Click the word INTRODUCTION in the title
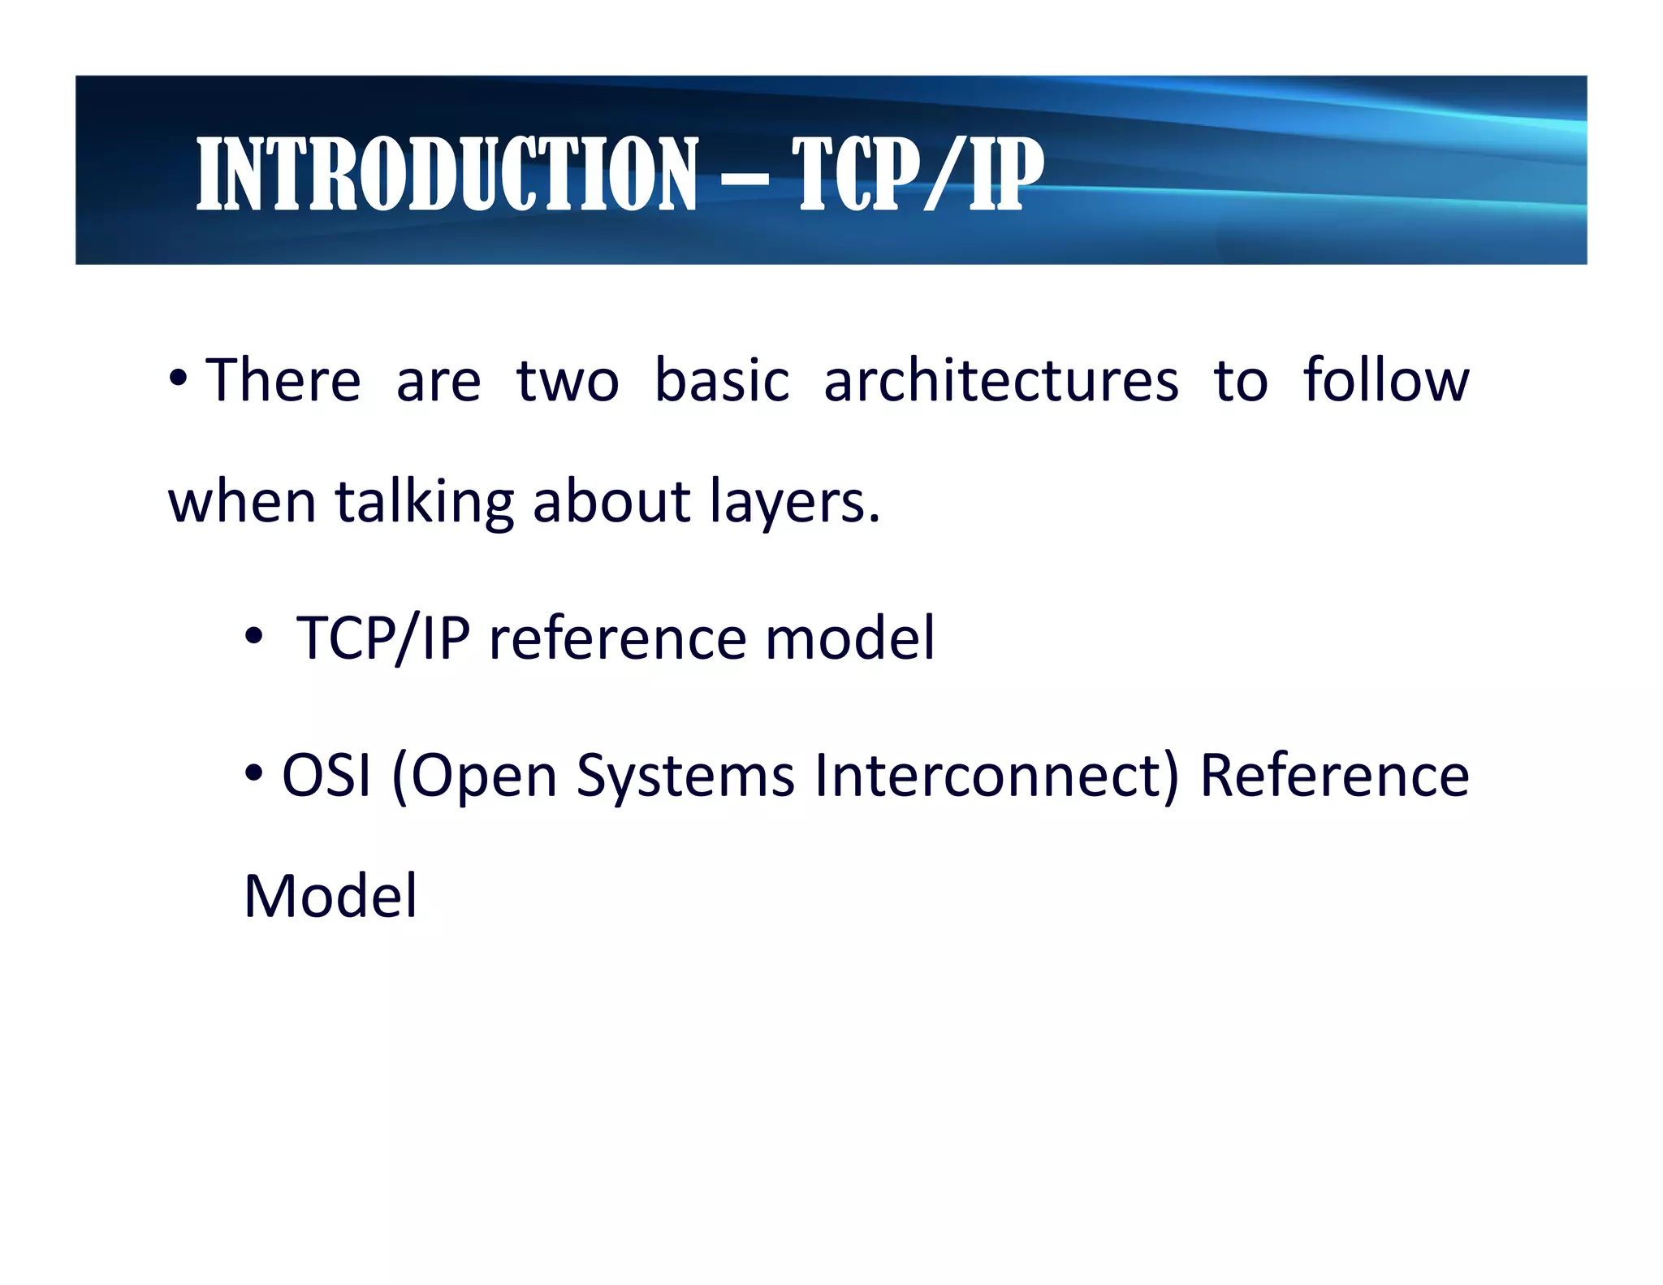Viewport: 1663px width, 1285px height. tap(447, 174)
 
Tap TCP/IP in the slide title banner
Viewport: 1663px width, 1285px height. tap(918, 174)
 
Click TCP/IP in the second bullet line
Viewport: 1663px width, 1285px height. tap(383, 638)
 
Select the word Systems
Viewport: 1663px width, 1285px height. tap(685, 777)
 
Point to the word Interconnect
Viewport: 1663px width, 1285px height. tap(996, 775)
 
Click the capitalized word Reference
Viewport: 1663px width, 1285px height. tap(1334, 775)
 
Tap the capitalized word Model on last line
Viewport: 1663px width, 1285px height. tap(330, 896)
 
